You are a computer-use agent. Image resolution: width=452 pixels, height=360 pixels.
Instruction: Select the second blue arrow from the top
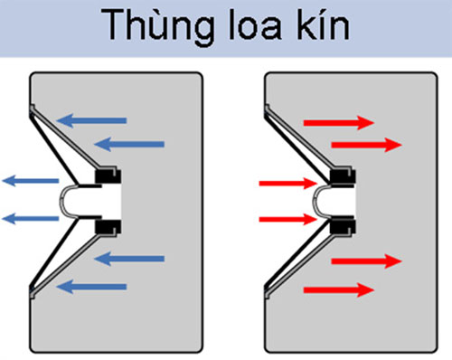point(129,143)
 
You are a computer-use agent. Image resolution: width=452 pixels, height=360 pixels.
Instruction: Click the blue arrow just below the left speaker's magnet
point(129,260)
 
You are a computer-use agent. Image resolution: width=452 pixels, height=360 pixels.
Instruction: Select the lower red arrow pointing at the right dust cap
point(286,218)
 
